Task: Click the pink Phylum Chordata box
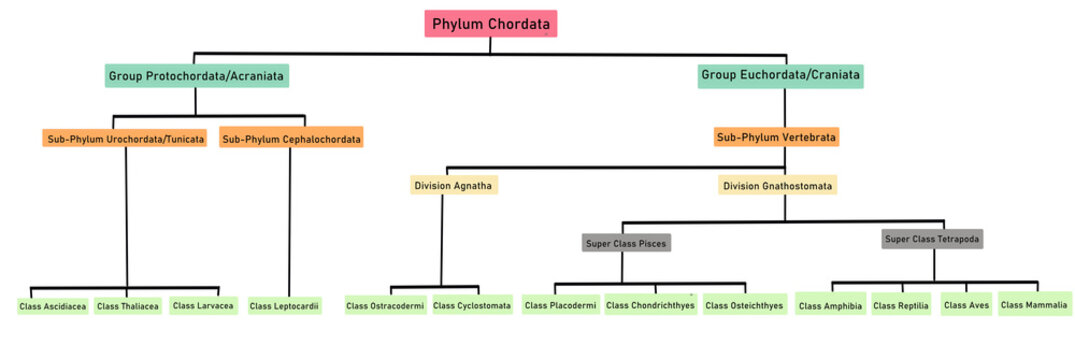490,23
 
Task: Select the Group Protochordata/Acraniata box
195,75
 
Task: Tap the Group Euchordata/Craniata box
780,75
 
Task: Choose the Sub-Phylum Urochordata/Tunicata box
126,138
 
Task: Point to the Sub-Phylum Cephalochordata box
291,138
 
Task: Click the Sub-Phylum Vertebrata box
776,137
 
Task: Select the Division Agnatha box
454,185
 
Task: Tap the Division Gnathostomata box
777,185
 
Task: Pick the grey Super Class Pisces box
625,242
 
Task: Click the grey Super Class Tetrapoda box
932,239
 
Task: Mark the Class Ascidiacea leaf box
53,306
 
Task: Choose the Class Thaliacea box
127,306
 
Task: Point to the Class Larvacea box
203,305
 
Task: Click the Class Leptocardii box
285,306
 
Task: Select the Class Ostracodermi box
385,305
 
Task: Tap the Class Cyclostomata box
472,305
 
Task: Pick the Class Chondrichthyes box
650,305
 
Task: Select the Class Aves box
966,305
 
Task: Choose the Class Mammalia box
1034,304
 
